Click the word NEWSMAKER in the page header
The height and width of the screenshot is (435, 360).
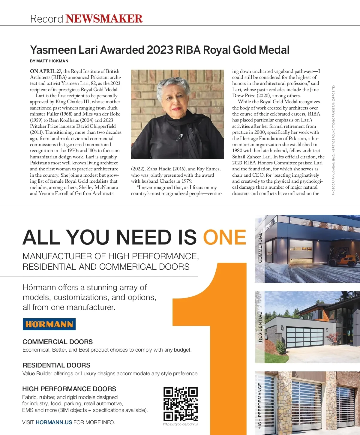coord(104,19)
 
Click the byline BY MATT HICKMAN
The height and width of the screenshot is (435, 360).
coord(49,61)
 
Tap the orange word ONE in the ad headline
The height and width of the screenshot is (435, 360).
coord(225,237)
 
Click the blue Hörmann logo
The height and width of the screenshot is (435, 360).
coord(49,324)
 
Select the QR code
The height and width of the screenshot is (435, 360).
coord(180,404)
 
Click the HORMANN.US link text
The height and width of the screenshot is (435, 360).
coord(54,422)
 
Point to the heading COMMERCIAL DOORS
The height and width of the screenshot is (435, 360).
coord(58,342)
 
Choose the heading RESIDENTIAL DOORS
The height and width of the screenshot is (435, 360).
coord(56,365)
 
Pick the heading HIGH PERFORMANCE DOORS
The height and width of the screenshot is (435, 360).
coord(69,389)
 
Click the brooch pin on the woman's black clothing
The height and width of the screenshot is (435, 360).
coord(180,137)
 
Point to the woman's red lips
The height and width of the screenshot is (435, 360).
coord(177,109)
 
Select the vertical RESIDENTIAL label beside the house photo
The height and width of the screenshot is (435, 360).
coord(260,327)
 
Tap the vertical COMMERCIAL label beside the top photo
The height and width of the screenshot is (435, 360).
coord(260,247)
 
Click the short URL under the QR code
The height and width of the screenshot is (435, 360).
coord(181,424)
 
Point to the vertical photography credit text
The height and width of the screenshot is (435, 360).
coord(333,140)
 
